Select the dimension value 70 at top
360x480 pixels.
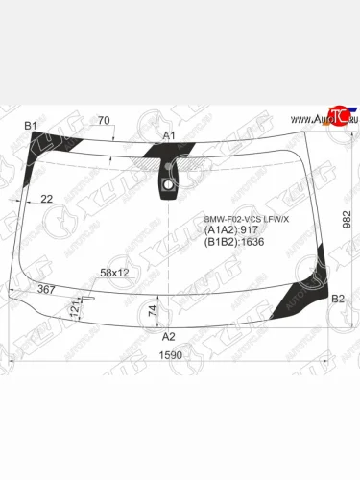point(103,121)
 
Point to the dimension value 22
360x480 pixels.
point(46,199)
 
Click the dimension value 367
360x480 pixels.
point(45,289)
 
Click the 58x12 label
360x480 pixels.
point(115,273)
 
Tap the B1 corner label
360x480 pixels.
point(30,127)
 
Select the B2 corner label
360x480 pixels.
point(337,300)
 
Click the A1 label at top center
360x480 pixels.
point(168,136)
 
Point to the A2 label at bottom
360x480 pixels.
point(168,336)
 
